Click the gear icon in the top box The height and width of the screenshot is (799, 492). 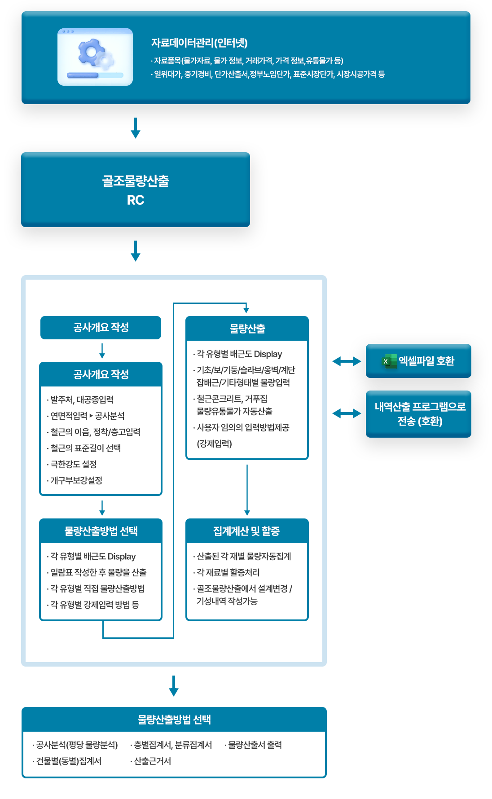pyautogui.click(x=95, y=55)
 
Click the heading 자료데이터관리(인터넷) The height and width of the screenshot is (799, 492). pyautogui.click(x=199, y=43)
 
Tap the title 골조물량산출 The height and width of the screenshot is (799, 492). pyautogui.click(x=136, y=181)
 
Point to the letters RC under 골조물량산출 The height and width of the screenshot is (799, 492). pyautogui.click(x=136, y=200)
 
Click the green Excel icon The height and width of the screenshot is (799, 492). pyautogui.click(x=389, y=361)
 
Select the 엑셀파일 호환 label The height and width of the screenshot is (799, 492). pyautogui.click(x=426, y=361)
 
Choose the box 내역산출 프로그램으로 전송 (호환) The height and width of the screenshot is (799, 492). pyautogui.click(x=418, y=414)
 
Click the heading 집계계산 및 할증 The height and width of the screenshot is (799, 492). pyautogui.click(x=246, y=531)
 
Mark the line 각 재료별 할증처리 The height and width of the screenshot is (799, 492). pyautogui.click(x=228, y=572)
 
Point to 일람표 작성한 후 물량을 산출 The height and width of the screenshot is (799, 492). pyautogui.click(x=98, y=572)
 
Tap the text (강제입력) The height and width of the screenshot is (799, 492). pyautogui.click(x=214, y=443)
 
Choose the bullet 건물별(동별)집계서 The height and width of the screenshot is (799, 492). pyautogui.click(x=69, y=761)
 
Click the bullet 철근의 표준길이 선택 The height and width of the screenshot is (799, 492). pyautogui.click(x=85, y=448)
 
